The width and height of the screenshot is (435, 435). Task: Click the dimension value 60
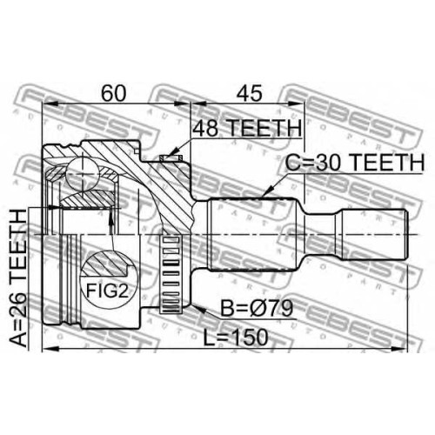tap(114, 93)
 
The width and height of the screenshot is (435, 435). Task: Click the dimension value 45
tap(249, 93)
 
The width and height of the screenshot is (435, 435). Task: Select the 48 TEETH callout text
tap(247, 128)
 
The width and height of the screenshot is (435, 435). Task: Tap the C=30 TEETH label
tap(355, 163)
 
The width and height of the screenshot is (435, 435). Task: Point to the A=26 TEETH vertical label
tap(18, 278)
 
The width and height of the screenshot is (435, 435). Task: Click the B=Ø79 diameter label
tap(257, 308)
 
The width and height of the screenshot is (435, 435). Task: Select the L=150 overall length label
tap(235, 338)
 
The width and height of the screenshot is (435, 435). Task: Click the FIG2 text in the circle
tap(107, 291)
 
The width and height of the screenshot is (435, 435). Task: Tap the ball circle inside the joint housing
tap(83, 173)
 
